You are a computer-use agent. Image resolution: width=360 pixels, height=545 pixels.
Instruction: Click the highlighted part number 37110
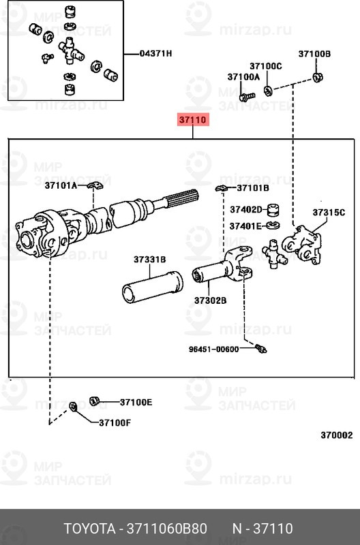(x=192, y=121)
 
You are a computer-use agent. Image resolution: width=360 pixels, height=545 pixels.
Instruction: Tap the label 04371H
(x=156, y=53)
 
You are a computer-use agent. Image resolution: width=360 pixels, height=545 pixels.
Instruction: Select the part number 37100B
(x=314, y=54)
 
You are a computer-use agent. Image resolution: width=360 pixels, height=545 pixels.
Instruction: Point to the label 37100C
(x=265, y=66)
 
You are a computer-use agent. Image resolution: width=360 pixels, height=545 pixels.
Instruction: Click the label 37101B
(x=253, y=187)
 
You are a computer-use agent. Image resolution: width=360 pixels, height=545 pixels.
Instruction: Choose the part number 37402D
(x=245, y=210)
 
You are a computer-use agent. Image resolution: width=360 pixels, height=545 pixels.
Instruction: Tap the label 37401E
(x=245, y=225)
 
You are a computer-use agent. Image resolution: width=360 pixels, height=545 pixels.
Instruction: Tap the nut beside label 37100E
(x=96, y=399)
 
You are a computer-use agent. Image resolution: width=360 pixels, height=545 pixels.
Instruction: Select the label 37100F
(x=115, y=422)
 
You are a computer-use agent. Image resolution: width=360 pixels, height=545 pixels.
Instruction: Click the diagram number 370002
(x=336, y=435)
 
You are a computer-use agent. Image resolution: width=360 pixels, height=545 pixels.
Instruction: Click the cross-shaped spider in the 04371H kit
(x=69, y=50)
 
